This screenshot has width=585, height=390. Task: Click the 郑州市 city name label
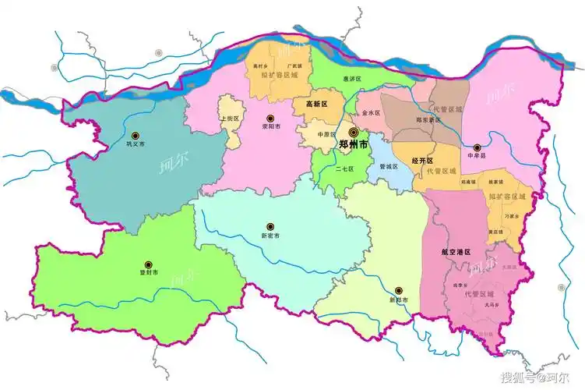tap(355, 145)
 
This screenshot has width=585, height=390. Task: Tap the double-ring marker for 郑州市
tap(353, 133)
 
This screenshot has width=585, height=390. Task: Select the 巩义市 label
tap(136, 145)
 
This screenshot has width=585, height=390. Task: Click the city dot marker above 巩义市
tap(136, 135)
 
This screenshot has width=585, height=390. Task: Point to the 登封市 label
tap(149, 273)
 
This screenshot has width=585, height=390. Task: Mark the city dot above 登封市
tap(149, 263)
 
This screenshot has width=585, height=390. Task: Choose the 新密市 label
tap(270, 236)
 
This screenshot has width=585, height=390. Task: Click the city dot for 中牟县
tap(477, 146)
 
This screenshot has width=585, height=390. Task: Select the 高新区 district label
tap(317, 104)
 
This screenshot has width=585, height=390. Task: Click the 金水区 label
tap(372, 113)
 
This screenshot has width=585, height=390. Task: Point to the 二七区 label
tap(344, 168)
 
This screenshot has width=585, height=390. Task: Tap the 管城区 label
tap(389, 167)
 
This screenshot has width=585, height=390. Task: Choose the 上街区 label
tap(229, 119)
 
